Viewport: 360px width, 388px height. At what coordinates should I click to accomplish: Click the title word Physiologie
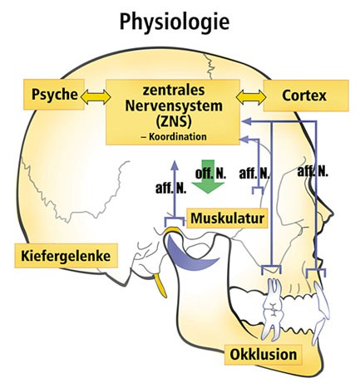(175, 22)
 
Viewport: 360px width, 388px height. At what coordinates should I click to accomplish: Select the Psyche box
(54, 95)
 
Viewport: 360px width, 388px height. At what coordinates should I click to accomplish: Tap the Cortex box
(306, 96)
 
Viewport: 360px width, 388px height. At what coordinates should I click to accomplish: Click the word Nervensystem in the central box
(174, 106)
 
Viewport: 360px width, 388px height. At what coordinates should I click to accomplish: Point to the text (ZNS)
(174, 121)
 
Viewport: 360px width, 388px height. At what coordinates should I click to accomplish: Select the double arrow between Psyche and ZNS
(96, 97)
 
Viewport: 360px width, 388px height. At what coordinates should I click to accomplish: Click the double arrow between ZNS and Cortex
(251, 97)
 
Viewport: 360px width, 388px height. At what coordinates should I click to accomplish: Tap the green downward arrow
(208, 176)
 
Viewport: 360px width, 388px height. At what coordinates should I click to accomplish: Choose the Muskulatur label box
(227, 219)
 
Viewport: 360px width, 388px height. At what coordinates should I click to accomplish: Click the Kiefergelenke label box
(66, 256)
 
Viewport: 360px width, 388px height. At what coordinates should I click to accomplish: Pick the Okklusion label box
(263, 355)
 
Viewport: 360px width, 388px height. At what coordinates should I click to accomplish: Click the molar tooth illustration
(272, 309)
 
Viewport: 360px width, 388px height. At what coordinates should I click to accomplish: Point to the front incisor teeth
(321, 312)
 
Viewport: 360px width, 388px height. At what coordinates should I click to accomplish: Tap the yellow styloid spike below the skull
(160, 285)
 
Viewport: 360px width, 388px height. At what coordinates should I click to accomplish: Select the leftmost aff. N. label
(170, 189)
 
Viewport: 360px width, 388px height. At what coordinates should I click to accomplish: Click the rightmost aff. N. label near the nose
(313, 171)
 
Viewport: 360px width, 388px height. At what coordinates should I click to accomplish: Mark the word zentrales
(174, 91)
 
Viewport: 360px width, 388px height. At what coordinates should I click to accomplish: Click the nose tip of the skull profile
(333, 214)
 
